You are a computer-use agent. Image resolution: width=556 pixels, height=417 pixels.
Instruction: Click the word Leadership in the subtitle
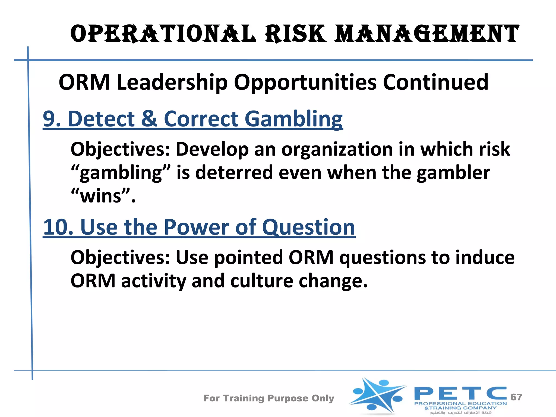coord(172,82)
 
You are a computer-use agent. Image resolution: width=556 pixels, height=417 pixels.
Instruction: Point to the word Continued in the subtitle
coord(435,82)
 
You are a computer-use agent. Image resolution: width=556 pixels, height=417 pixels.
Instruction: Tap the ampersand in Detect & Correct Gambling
coord(149,119)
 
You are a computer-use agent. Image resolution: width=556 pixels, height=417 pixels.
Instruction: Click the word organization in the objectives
coord(337,150)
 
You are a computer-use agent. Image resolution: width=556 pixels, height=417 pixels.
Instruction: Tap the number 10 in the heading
coord(58,227)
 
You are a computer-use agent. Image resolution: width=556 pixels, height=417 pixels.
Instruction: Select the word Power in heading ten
coord(196,227)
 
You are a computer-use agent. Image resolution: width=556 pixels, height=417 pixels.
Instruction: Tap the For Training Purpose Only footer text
coord(268,398)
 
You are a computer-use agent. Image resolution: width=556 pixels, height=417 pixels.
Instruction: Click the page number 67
coord(516,397)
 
